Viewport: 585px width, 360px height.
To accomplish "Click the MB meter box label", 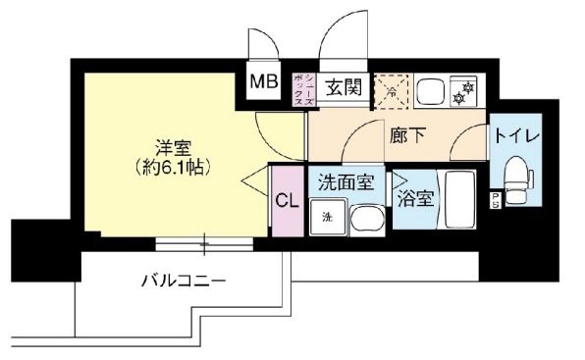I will [x=265, y=82].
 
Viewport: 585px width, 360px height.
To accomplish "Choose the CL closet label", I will [x=287, y=202].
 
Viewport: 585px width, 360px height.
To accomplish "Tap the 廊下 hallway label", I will [x=403, y=136].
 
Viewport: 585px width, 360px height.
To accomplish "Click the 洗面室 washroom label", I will [x=346, y=181].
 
